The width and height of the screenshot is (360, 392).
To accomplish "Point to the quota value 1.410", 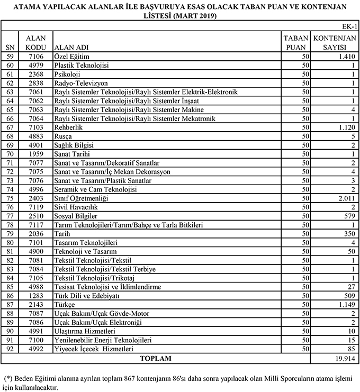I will point(344,56).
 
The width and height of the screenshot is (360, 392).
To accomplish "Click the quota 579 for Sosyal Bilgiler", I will point(348,216).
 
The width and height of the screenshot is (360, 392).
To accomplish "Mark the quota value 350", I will point(348,234).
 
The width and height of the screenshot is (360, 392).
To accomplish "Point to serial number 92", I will point(9,350).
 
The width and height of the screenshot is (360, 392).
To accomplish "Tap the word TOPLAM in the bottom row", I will point(156,359).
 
